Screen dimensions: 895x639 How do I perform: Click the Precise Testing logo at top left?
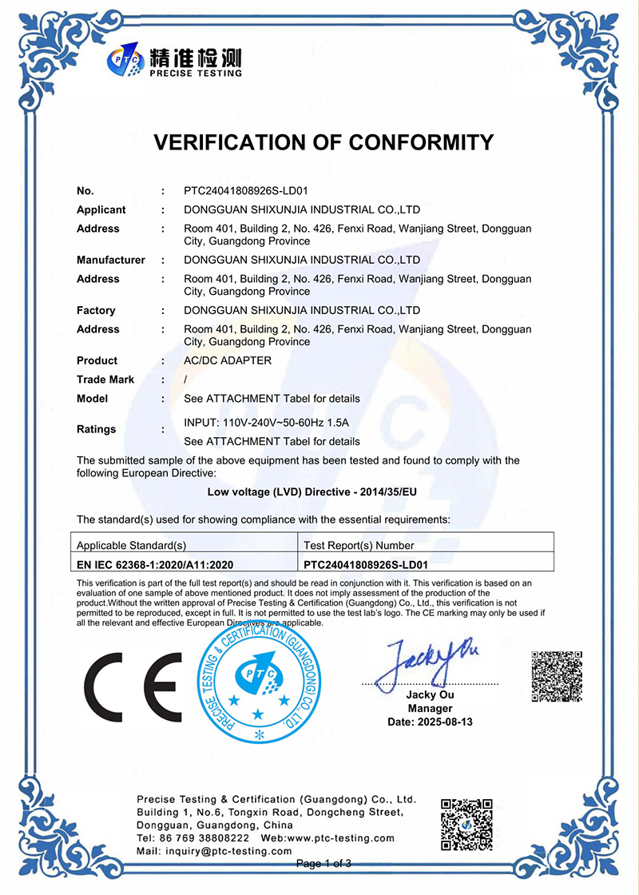[x=175, y=62]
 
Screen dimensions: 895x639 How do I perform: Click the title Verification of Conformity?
[x=323, y=142]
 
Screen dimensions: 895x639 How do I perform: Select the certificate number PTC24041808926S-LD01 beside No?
[x=246, y=191]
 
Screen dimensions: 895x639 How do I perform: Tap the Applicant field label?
[x=101, y=210]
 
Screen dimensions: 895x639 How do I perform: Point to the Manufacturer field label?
[x=111, y=260]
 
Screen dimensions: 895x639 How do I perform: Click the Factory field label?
[x=96, y=310]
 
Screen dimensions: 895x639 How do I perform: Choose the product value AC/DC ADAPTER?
[x=228, y=360]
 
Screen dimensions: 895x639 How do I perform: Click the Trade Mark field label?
[x=105, y=380]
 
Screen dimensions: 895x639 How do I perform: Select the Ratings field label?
[x=96, y=429]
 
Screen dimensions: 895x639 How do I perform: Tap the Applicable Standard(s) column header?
[x=131, y=545]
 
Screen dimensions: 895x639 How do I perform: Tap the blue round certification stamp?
[x=258, y=682]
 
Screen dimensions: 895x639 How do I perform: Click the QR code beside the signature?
[x=556, y=677]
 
